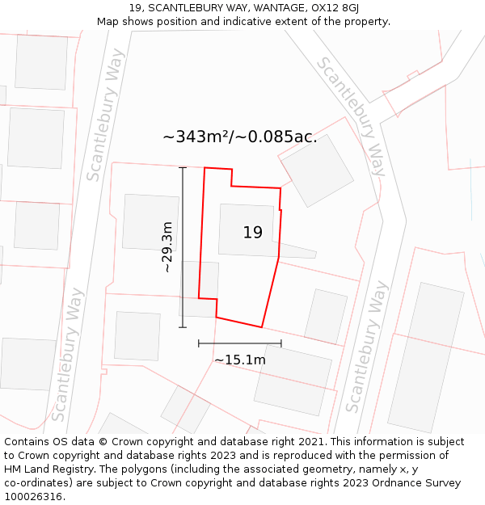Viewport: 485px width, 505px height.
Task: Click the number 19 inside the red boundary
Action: pyautogui.click(x=252, y=233)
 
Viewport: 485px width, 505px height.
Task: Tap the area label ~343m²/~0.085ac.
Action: pyautogui.click(x=239, y=137)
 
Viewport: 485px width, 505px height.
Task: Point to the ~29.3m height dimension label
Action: pyautogui.click(x=167, y=247)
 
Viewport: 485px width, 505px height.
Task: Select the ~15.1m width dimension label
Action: pyautogui.click(x=240, y=360)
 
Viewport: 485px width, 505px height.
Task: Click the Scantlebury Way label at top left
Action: pyautogui.click(x=106, y=115)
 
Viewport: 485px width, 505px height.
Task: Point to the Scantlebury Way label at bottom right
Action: pyautogui.click(x=365, y=346)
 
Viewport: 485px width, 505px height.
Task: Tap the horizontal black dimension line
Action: pyautogui.click(x=240, y=343)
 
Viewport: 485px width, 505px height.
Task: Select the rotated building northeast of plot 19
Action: pyautogui.click(x=318, y=170)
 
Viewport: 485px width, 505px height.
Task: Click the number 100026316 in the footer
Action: pyautogui.click(x=33, y=497)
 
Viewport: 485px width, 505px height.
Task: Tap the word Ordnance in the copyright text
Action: pyautogui.click(x=403, y=483)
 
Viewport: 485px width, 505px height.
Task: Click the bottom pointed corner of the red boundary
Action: pyautogui.click(x=261, y=327)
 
